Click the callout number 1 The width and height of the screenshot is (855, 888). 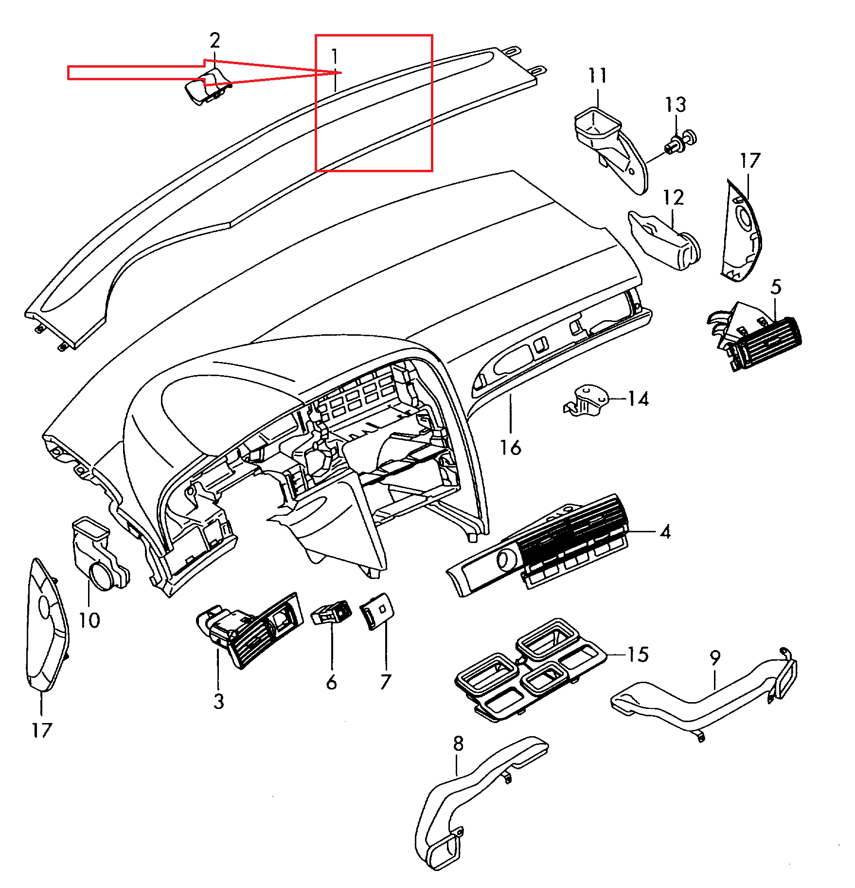tap(335, 57)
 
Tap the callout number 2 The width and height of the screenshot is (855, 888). tap(214, 40)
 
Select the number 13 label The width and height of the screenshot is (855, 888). tap(676, 105)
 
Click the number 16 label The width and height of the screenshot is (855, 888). tap(511, 447)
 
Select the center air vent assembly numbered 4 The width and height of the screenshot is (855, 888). tap(545, 550)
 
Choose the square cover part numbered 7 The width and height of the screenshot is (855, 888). tap(377, 611)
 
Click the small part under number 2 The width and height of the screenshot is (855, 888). tap(208, 88)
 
